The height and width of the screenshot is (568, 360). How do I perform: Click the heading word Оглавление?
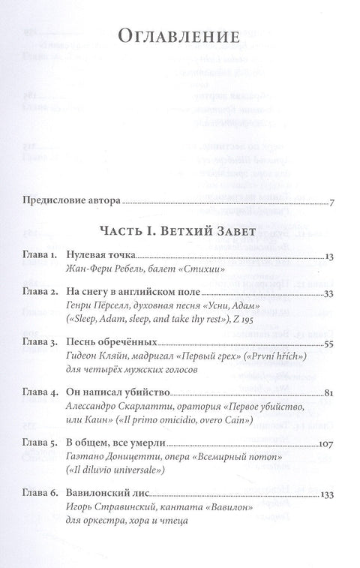point(179,38)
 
